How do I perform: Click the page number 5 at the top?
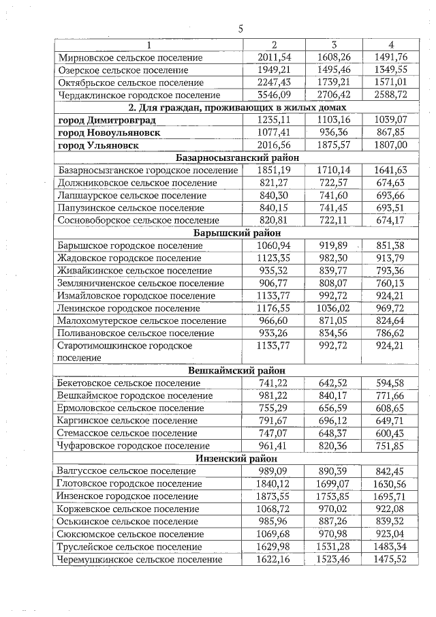pos(240,29)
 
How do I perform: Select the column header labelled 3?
pos(334,45)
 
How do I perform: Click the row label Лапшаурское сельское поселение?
pos(129,195)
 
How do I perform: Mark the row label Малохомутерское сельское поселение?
pos(142,320)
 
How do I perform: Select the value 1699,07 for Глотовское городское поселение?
pos(334,483)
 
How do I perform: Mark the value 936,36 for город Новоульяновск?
pos(334,132)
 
